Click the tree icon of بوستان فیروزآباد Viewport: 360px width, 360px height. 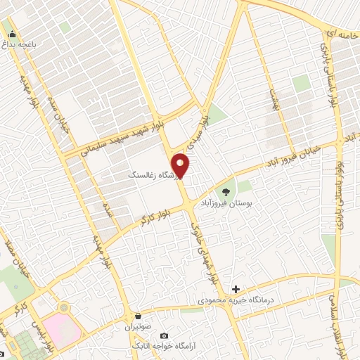click(x=226, y=191)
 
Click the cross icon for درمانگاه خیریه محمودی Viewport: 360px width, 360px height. click(x=236, y=289)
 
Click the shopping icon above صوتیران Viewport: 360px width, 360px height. click(x=139, y=316)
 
